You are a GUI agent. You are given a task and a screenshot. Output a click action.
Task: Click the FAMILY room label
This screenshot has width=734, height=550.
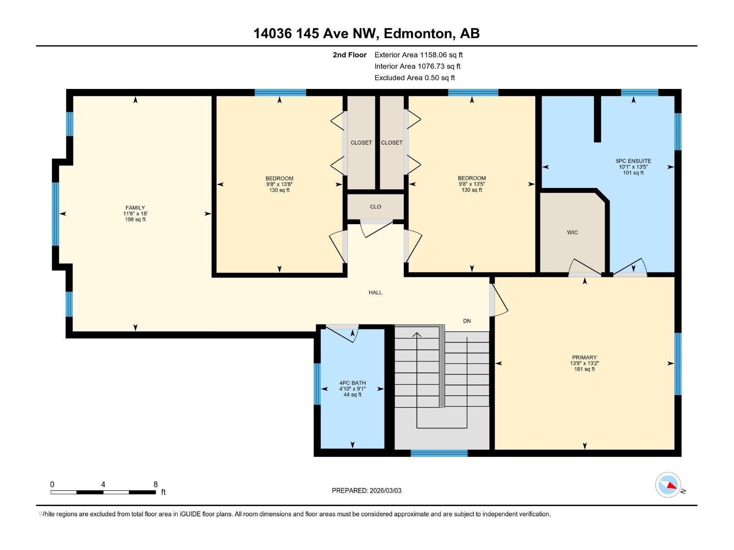pyautogui.click(x=135, y=208)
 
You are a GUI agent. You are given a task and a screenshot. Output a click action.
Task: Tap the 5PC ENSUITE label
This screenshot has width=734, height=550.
pyautogui.click(x=633, y=161)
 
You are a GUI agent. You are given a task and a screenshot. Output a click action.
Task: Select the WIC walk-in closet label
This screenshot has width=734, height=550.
pyautogui.click(x=572, y=232)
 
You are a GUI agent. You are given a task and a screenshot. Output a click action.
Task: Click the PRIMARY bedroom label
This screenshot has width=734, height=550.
pyautogui.click(x=584, y=357)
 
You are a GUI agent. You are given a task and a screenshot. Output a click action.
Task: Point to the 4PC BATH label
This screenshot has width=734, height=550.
pyautogui.click(x=352, y=383)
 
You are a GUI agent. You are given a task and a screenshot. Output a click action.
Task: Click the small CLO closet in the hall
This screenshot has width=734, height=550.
pyautogui.click(x=375, y=207)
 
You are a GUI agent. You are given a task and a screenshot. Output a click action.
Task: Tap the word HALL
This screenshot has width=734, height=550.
pyautogui.click(x=375, y=292)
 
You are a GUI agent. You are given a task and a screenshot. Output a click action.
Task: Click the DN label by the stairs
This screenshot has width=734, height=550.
pyautogui.click(x=467, y=321)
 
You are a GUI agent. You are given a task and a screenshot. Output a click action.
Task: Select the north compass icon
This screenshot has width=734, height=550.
pyautogui.click(x=668, y=484)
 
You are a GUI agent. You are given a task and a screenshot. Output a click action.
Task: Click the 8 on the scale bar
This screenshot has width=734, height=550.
pyautogui.click(x=156, y=484)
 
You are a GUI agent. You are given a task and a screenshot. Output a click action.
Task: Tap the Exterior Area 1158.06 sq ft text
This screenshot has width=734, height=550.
pyautogui.click(x=418, y=55)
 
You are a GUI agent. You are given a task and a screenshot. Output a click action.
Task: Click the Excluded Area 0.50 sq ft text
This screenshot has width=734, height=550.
pyautogui.click(x=415, y=77)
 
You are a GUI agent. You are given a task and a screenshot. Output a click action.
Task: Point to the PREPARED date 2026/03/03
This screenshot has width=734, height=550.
pyautogui.click(x=367, y=490)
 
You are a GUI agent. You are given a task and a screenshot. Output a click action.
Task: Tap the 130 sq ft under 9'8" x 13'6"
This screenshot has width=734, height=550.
pyautogui.click(x=279, y=190)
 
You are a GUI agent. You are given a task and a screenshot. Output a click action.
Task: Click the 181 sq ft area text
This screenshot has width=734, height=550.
pyautogui.click(x=584, y=369)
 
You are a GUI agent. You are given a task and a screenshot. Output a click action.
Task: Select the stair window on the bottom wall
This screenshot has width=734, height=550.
pyautogui.click(x=439, y=453)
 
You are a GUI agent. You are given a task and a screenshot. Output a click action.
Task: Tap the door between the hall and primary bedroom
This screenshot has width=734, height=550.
pyautogui.click(x=498, y=301)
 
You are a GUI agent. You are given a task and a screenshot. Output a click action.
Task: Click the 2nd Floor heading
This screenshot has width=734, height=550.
pyautogui.click(x=350, y=55)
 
